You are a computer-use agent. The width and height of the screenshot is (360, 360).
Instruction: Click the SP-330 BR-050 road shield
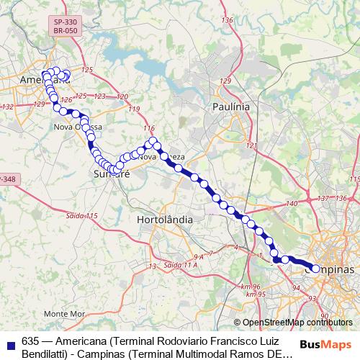pos(65,27)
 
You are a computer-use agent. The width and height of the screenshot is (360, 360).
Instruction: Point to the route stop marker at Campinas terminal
pos(315,269)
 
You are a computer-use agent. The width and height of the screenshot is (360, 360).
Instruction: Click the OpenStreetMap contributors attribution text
pos(294,322)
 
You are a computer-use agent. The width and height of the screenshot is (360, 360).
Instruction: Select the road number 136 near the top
pos(228,19)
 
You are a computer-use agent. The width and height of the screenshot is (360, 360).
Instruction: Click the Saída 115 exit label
pos(82,216)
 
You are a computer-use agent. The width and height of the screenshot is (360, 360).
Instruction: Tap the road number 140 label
pos(292,204)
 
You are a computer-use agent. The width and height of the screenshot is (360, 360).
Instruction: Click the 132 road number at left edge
pos(9,107)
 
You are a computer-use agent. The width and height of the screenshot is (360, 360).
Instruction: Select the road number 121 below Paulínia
pos(251,145)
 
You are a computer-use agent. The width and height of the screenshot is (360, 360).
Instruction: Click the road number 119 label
pos(133,108)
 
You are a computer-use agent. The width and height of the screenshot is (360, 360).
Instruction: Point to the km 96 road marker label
pos(253,286)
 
